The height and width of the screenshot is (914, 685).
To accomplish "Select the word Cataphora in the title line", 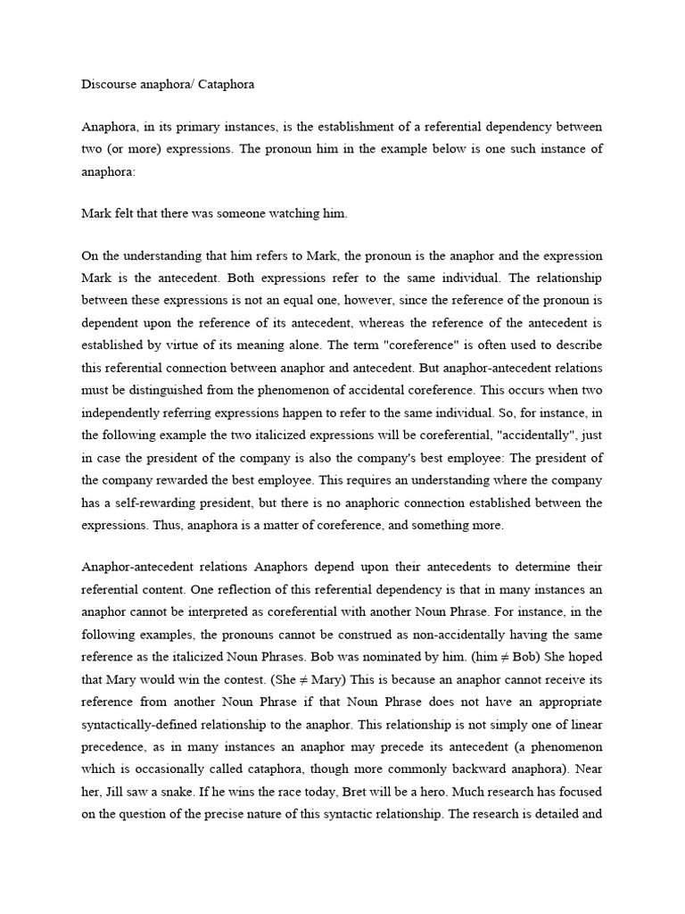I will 225,85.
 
